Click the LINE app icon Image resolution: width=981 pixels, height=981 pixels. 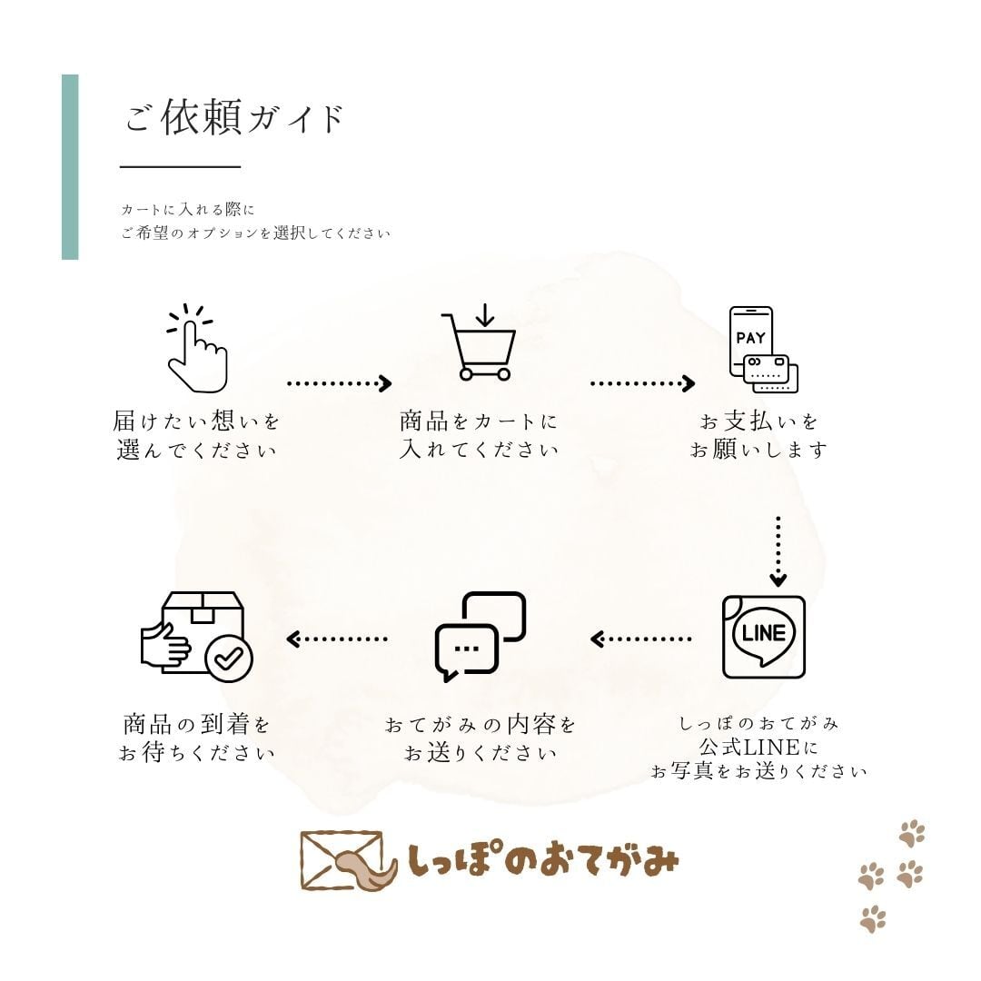pos(763,636)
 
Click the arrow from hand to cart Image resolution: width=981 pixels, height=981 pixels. pos(339,384)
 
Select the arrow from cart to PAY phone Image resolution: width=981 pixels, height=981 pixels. pos(642,384)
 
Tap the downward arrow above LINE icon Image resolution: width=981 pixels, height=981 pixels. pos(778,551)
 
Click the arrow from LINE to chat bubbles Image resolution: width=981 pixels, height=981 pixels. pos(640,639)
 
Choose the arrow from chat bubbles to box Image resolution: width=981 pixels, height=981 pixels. pos(337,639)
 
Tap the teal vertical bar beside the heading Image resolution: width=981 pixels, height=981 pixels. pos(70,167)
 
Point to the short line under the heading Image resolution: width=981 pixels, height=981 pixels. pos(180,167)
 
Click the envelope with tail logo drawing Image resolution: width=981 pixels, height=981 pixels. pos(349,859)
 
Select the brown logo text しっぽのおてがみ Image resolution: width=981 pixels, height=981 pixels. pos(542,858)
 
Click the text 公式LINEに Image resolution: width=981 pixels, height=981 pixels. pos(758,748)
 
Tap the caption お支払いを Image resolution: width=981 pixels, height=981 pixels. pos(759,422)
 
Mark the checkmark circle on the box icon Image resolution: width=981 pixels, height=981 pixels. pos(229,659)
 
